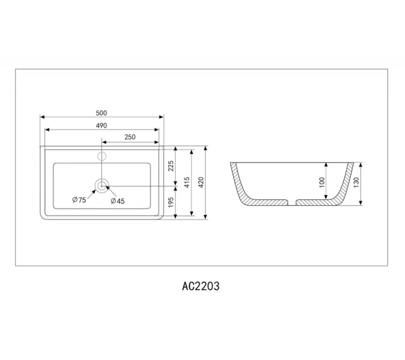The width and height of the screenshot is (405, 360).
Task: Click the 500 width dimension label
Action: [101, 112]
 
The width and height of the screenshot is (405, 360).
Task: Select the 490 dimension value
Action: [101, 125]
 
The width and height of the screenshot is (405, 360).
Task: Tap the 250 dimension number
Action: [130, 137]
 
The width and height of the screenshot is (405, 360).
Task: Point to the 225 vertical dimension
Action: [170, 166]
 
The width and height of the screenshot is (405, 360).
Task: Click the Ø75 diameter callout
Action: [79, 200]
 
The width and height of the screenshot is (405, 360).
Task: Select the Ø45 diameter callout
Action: [118, 201]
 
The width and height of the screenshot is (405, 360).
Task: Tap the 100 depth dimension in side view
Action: [322, 182]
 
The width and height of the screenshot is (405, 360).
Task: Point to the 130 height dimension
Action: [357, 182]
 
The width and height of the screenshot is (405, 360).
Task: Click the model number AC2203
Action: [200, 286]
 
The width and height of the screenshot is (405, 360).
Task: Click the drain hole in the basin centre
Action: [102, 185]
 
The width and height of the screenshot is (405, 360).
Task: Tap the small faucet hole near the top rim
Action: [102, 157]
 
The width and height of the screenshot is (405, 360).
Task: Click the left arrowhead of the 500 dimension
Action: [42, 118]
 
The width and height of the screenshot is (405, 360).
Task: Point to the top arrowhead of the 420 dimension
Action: [206, 148]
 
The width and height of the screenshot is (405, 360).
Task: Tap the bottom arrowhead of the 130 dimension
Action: [361, 203]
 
